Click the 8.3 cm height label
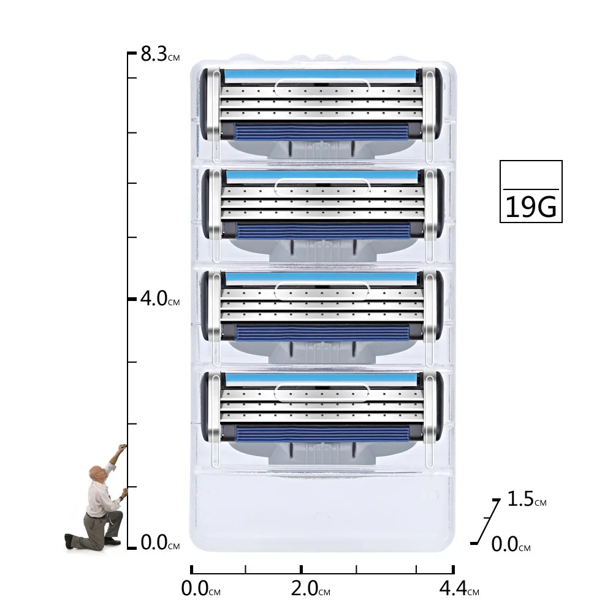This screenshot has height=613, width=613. (160, 54)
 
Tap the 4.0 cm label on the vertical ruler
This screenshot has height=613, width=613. (160, 299)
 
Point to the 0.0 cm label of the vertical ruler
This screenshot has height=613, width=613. (160, 543)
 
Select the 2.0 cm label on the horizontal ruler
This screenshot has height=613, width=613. (310, 588)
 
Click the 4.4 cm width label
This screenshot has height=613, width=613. (459, 588)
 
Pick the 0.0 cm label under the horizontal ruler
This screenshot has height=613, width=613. (200, 588)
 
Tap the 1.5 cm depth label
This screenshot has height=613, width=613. (527, 499)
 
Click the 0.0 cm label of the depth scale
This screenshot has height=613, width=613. (511, 544)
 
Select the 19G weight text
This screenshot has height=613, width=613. (530, 207)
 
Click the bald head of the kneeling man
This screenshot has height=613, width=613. (96, 473)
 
